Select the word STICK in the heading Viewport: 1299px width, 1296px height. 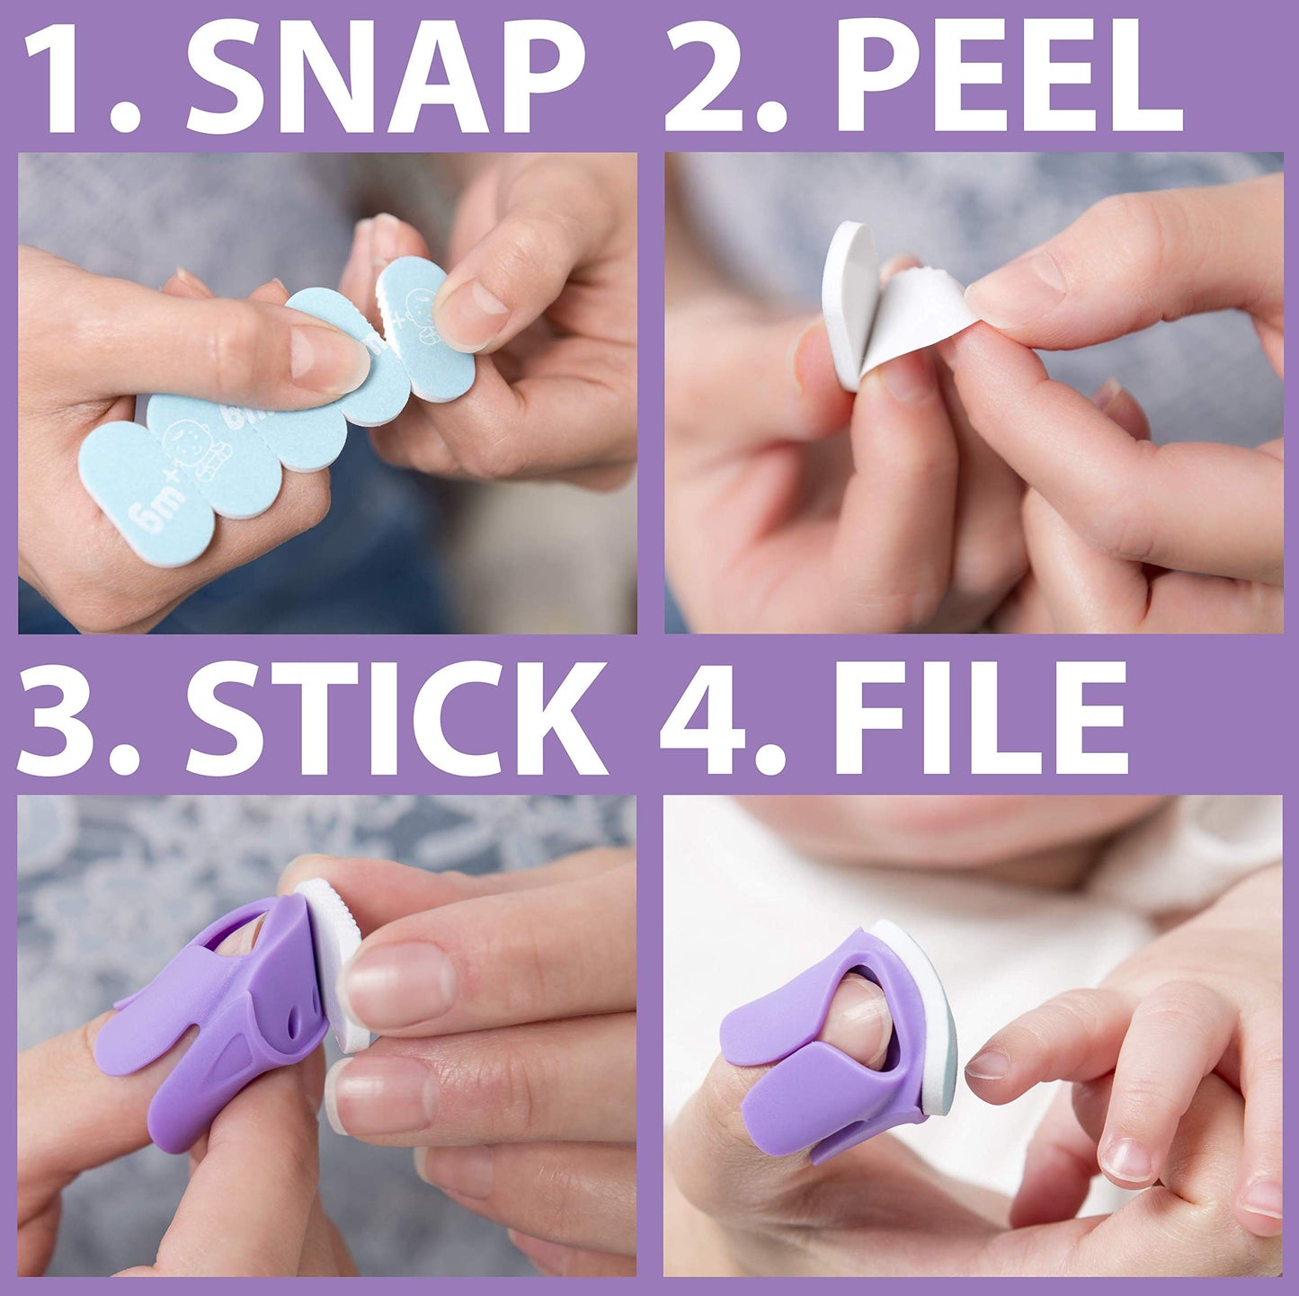point(396,719)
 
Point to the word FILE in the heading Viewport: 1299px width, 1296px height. point(980,719)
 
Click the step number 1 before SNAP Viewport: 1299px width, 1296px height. point(67,79)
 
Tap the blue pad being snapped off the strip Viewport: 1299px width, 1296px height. point(425,328)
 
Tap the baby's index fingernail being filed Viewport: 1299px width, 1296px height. point(989,1064)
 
